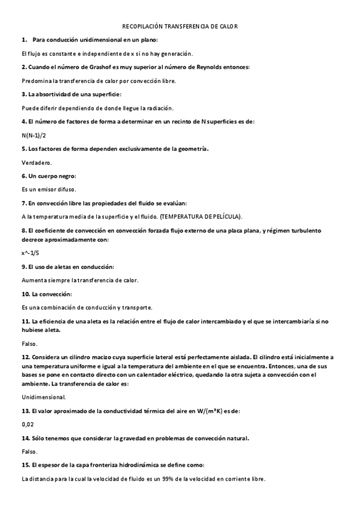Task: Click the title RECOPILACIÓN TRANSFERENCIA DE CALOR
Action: [180, 26]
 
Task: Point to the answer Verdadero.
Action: [37, 162]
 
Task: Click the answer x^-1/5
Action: [30, 253]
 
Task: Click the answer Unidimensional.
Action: [43, 398]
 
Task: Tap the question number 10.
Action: [25, 293]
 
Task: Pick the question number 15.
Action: [25, 465]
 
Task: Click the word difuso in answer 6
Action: [64, 189]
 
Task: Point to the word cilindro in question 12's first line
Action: [77, 357]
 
